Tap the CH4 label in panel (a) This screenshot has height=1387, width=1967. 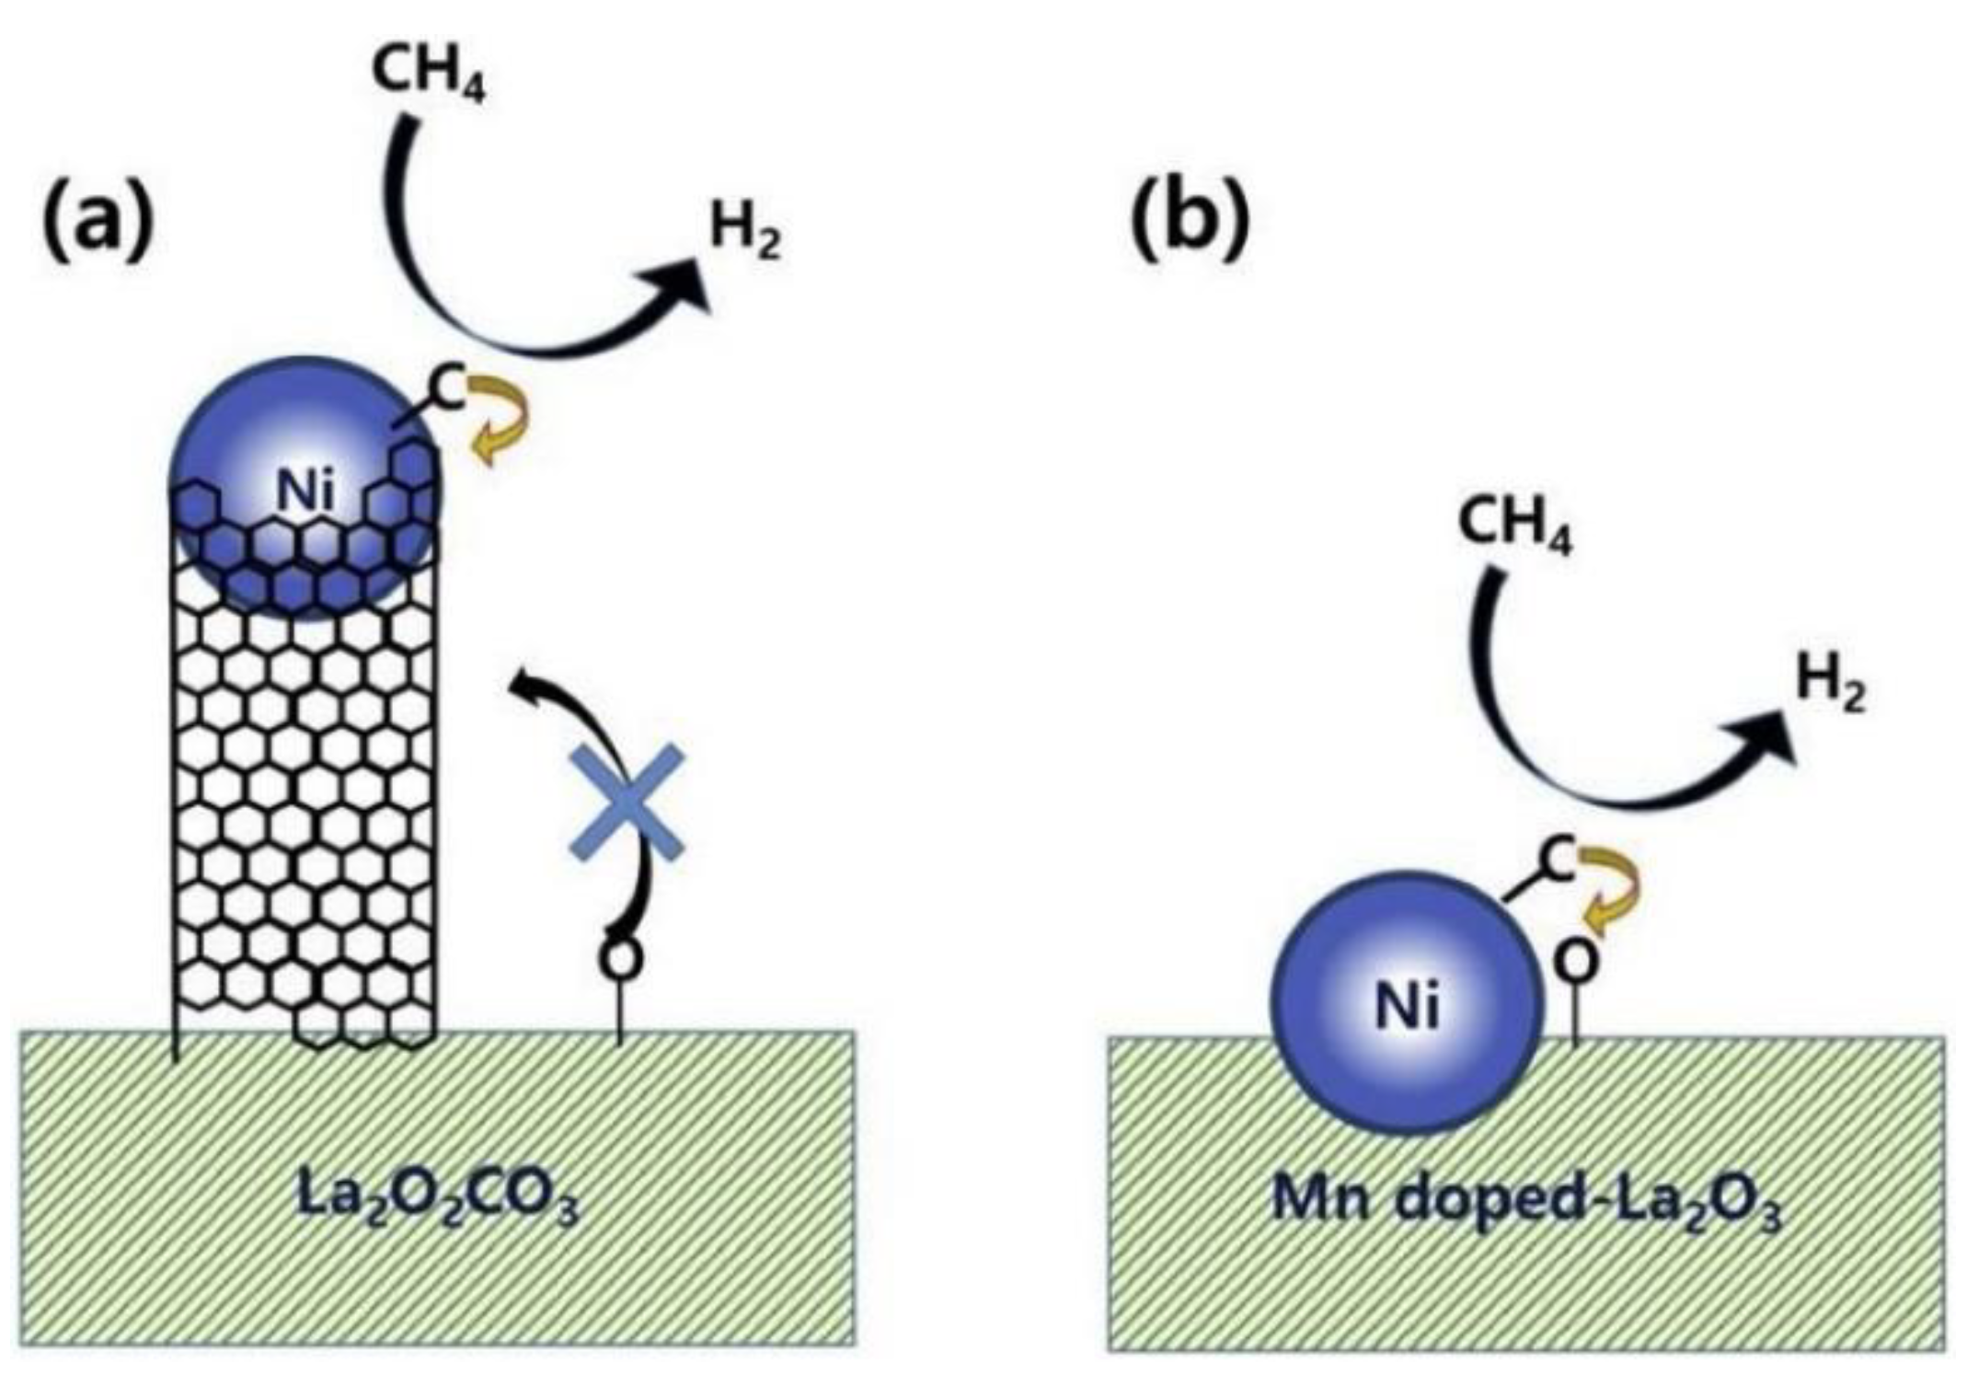tap(428, 74)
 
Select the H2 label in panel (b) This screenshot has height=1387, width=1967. tap(1831, 686)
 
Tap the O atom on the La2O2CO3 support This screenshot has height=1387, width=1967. tap(620, 958)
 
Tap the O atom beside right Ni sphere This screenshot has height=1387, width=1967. tap(1575, 962)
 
